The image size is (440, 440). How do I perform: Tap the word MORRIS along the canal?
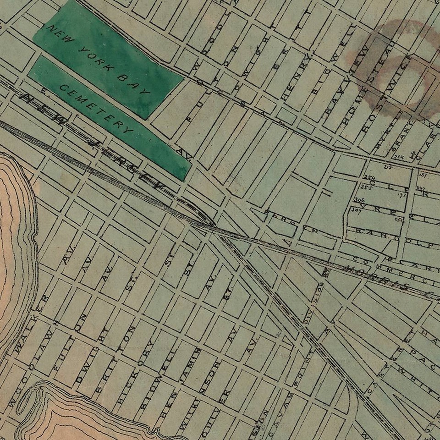click(x=367, y=274)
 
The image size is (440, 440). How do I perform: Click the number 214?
click(x=398, y=157)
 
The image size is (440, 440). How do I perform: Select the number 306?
click(x=359, y=200)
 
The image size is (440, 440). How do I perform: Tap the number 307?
click(x=356, y=209)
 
